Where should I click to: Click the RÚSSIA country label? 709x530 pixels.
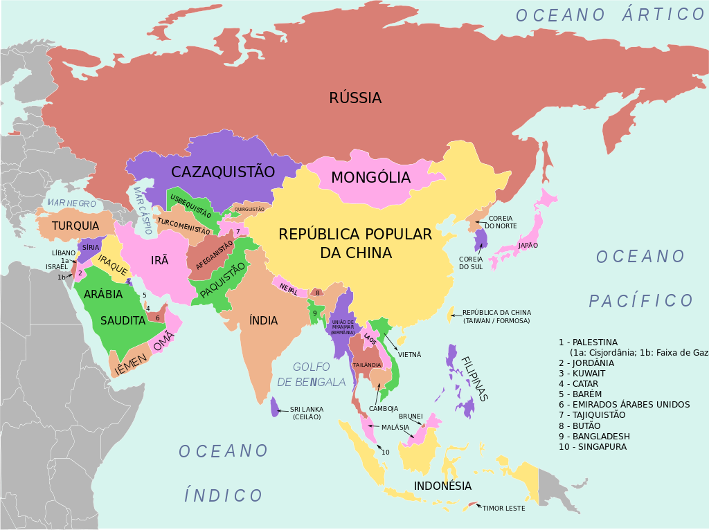[x=355, y=98]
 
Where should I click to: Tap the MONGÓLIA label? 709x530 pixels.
[x=370, y=178]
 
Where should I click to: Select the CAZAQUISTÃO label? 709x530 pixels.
[x=223, y=172]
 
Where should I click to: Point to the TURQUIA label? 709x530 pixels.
[x=75, y=226]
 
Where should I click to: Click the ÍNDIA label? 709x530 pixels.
[x=263, y=320]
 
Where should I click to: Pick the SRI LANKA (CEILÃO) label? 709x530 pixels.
[x=306, y=413]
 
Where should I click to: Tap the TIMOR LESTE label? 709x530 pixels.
[x=504, y=508]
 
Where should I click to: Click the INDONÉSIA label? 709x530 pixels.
[x=443, y=486]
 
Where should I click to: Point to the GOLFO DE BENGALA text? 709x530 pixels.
[x=312, y=374]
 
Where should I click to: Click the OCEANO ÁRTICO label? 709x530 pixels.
[x=610, y=15]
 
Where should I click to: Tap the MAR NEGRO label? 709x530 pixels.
[x=71, y=203]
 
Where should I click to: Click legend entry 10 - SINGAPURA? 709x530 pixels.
[x=592, y=447]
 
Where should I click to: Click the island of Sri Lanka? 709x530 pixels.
[x=275, y=406]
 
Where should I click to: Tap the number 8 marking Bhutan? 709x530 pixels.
[x=317, y=293]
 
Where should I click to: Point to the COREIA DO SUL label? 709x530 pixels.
[x=470, y=264]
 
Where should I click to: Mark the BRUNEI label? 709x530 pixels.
[x=411, y=417]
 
